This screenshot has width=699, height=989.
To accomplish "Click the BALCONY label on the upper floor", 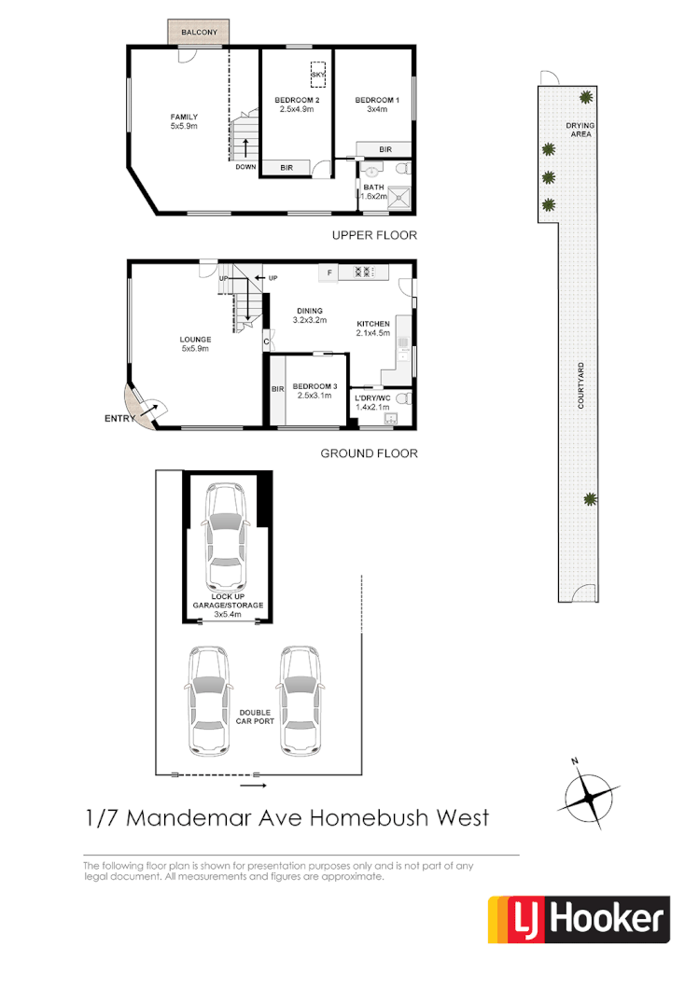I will tap(200, 33).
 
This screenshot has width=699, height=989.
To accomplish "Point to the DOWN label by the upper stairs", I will tap(245, 167).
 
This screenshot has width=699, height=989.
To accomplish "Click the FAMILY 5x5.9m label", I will tap(184, 120).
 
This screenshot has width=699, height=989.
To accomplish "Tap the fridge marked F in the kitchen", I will tap(329, 272).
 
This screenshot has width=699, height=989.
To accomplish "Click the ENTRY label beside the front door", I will tap(119, 420).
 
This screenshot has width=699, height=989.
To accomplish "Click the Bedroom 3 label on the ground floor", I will tap(314, 391).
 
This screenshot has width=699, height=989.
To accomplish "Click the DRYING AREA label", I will tap(580, 130).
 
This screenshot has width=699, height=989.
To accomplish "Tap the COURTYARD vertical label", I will tap(580, 385).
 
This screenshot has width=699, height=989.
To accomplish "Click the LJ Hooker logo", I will tap(579, 920).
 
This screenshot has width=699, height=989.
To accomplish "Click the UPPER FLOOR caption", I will tap(374, 235).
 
